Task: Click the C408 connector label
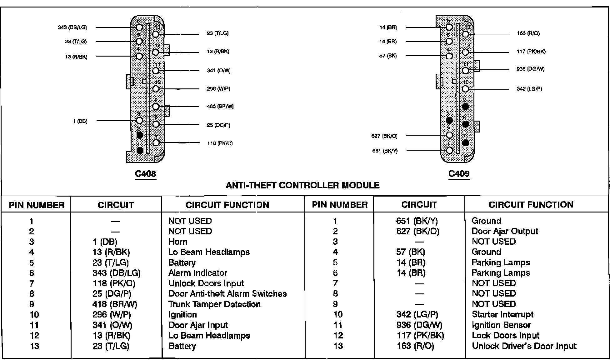pyautogui.click(x=145, y=174)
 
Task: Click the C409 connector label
pyautogui.click(x=459, y=174)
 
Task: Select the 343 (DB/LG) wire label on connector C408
pyautogui.click(x=72, y=27)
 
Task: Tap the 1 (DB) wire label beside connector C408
pyautogui.click(x=80, y=121)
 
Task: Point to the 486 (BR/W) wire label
pyautogui.click(x=220, y=107)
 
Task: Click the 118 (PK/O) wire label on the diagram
pyautogui.click(x=220, y=143)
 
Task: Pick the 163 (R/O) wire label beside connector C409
pyautogui.click(x=528, y=33)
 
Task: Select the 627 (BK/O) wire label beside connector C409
pyautogui.click(x=384, y=136)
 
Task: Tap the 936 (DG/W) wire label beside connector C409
pyautogui.click(x=530, y=69)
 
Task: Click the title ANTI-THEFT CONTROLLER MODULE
pyautogui.click(x=302, y=185)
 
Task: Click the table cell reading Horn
pyautogui.click(x=178, y=242)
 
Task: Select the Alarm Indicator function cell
pyautogui.click(x=198, y=273)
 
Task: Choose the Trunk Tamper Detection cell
pyautogui.click(x=214, y=304)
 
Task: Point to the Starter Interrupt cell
pyautogui.click(x=502, y=314)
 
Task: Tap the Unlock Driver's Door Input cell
pyautogui.click(x=524, y=346)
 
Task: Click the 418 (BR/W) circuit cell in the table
pyautogui.click(x=115, y=304)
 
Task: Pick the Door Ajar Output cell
pyautogui.click(x=505, y=231)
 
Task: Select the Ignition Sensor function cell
pyautogui.click(x=501, y=325)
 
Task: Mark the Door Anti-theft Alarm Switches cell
pyautogui.click(x=227, y=294)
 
